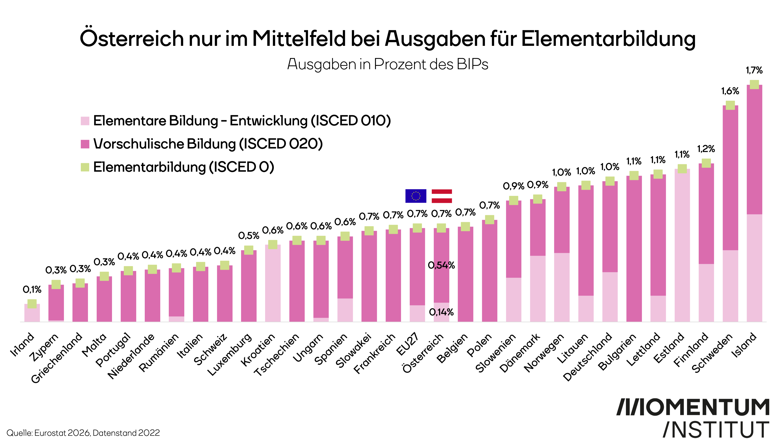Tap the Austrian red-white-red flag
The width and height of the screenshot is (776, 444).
point(442,196)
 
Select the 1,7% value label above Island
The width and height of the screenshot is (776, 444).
point(754,70)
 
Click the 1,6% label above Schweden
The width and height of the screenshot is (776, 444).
point(730,91)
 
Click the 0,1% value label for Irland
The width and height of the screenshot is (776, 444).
point(32,289)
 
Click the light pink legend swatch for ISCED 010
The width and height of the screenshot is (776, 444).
point(85,121)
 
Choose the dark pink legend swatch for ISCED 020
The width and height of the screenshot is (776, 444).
point(85,144)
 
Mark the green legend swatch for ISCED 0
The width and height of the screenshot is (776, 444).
point(85,167)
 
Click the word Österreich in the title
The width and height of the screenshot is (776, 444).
point(132,39)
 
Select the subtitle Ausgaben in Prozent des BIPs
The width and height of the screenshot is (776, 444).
point(388,64)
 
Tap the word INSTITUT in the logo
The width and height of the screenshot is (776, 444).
point(716,430)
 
